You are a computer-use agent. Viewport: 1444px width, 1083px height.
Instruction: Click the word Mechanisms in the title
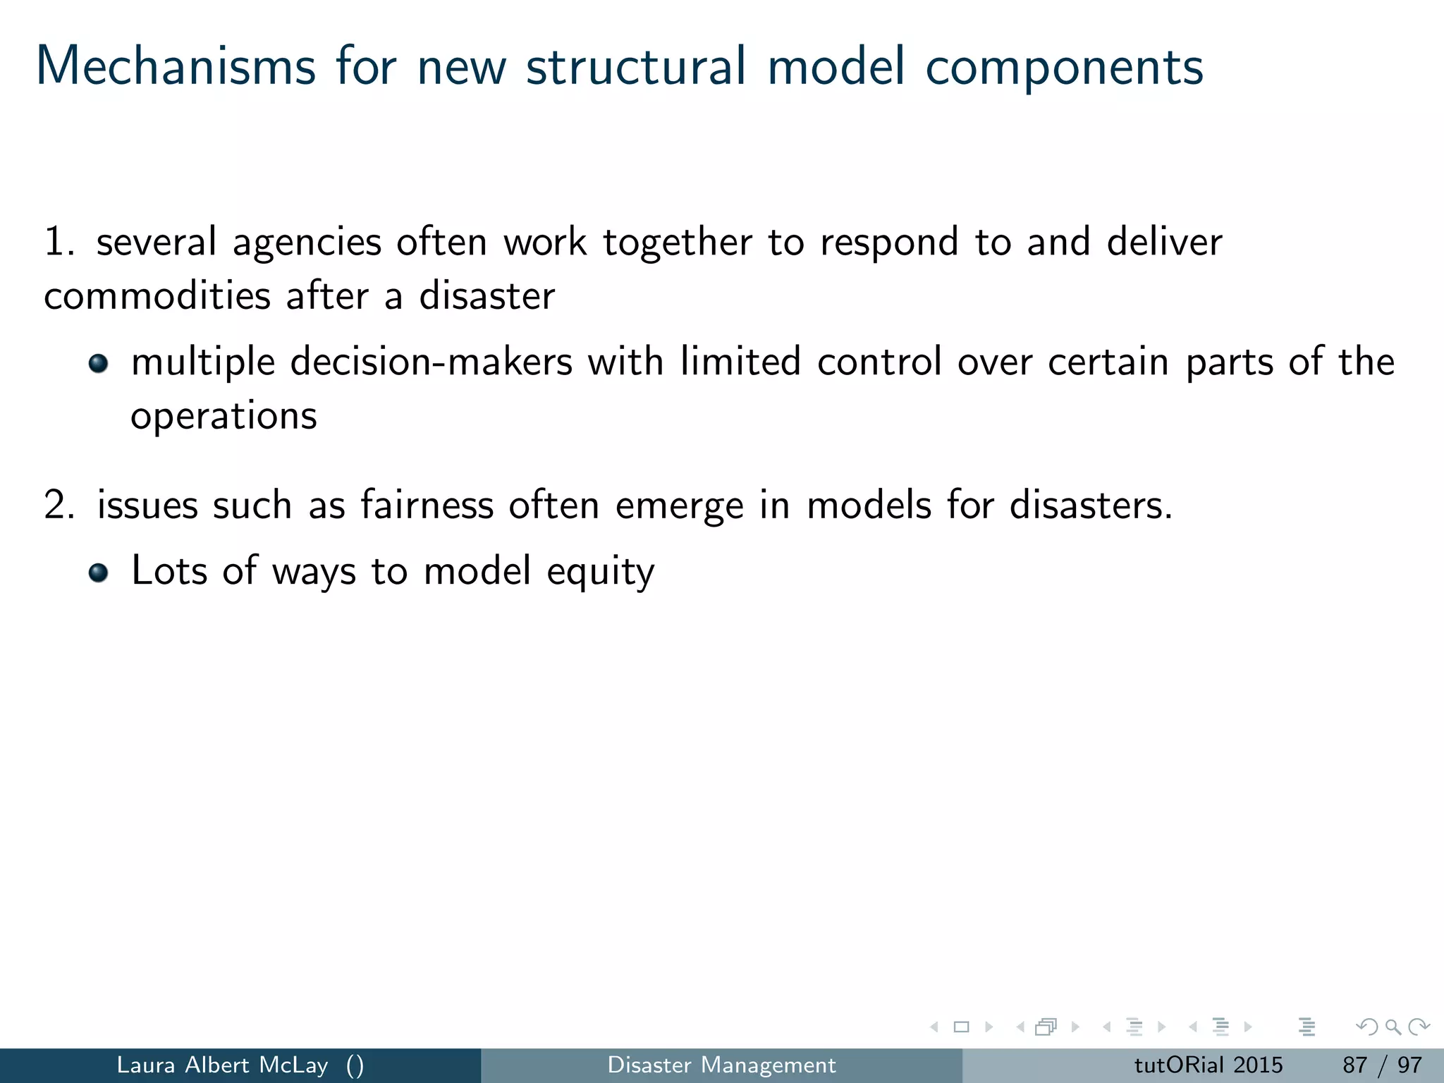(x=176, y=67)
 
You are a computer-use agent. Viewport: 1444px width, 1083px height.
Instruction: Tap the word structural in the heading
(x=635, y=67)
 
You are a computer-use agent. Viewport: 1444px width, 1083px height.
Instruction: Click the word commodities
(x=157, y=295)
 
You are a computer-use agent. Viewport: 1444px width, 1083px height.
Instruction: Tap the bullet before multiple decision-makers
(x=99, y=364)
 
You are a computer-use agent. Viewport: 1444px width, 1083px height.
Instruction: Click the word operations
(x=224, y=417)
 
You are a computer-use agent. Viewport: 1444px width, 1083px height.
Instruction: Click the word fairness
(x=427, y=505)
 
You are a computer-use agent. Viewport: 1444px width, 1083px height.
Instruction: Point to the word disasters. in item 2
(x=1091, y=505)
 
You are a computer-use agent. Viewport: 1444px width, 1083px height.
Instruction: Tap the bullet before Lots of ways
(x=99, y=572)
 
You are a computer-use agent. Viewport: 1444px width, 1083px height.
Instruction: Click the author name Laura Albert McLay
(x=222, y=1065)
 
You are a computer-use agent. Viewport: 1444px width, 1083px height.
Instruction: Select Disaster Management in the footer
(x=721, y=1065)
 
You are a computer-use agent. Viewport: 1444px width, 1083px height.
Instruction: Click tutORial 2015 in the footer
(x=1208, y=1065)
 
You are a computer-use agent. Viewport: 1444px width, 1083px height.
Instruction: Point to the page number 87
(x=1354, y=1065)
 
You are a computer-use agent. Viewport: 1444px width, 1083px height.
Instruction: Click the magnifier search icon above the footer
(x=1393, y=1027)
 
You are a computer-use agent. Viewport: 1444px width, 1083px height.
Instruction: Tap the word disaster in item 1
(x=487, y=295)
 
